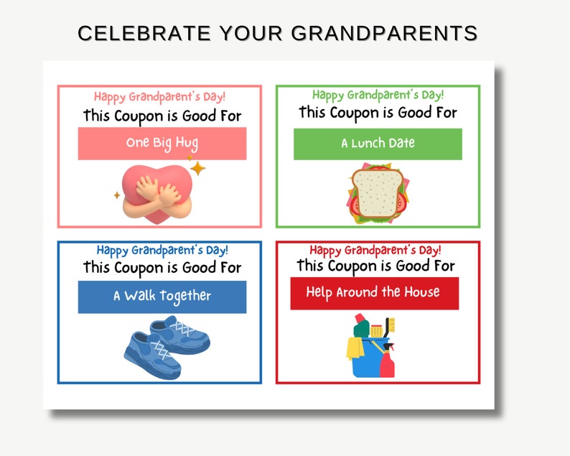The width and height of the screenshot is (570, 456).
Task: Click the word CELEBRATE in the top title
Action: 134,33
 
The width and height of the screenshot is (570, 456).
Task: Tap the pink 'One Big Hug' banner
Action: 162,143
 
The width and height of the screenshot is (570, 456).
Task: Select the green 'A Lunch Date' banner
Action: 378,143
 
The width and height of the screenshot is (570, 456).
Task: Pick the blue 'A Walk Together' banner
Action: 162,296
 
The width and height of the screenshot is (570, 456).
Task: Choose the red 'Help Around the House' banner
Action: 373,293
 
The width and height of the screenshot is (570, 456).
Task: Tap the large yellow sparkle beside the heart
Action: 197,169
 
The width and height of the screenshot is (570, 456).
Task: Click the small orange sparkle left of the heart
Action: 116,195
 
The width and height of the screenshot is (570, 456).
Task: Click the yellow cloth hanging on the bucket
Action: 355,348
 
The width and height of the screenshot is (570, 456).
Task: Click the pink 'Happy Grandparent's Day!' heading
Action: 159,96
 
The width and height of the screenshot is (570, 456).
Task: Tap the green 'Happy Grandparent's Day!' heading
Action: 378,95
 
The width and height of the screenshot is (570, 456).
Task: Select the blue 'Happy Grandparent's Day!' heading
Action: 162,250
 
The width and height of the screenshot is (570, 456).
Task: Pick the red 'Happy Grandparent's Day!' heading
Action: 375,250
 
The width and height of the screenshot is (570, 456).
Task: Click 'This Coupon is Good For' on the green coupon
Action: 378,113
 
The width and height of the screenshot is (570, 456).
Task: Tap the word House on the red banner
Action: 421,292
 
